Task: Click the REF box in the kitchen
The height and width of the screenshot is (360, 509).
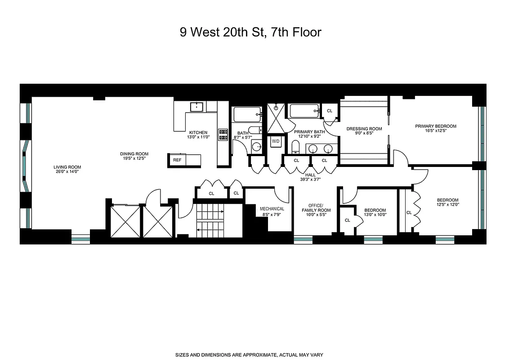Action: [x=177, y=160]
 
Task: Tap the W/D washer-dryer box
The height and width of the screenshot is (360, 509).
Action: [x=275, y=141]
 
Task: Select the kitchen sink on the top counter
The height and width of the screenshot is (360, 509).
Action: [x=196, y=107]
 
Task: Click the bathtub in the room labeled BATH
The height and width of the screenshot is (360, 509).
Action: [x=246, y=114]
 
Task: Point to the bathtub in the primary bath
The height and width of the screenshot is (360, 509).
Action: [x=304, y=111]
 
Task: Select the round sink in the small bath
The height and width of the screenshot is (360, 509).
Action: [x=256, y=147]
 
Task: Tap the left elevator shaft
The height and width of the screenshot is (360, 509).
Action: [x=124, y=221]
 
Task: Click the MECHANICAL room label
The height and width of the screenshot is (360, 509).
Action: [x=272, y=209]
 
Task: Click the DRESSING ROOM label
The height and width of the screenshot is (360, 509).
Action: [x=364, y=129]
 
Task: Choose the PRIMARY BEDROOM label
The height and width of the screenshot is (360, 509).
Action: [x=435, y=126]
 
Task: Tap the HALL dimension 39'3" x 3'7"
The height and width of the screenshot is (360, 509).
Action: [x=310, y=179]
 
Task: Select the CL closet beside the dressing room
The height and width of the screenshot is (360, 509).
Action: [x=330, y=111]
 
